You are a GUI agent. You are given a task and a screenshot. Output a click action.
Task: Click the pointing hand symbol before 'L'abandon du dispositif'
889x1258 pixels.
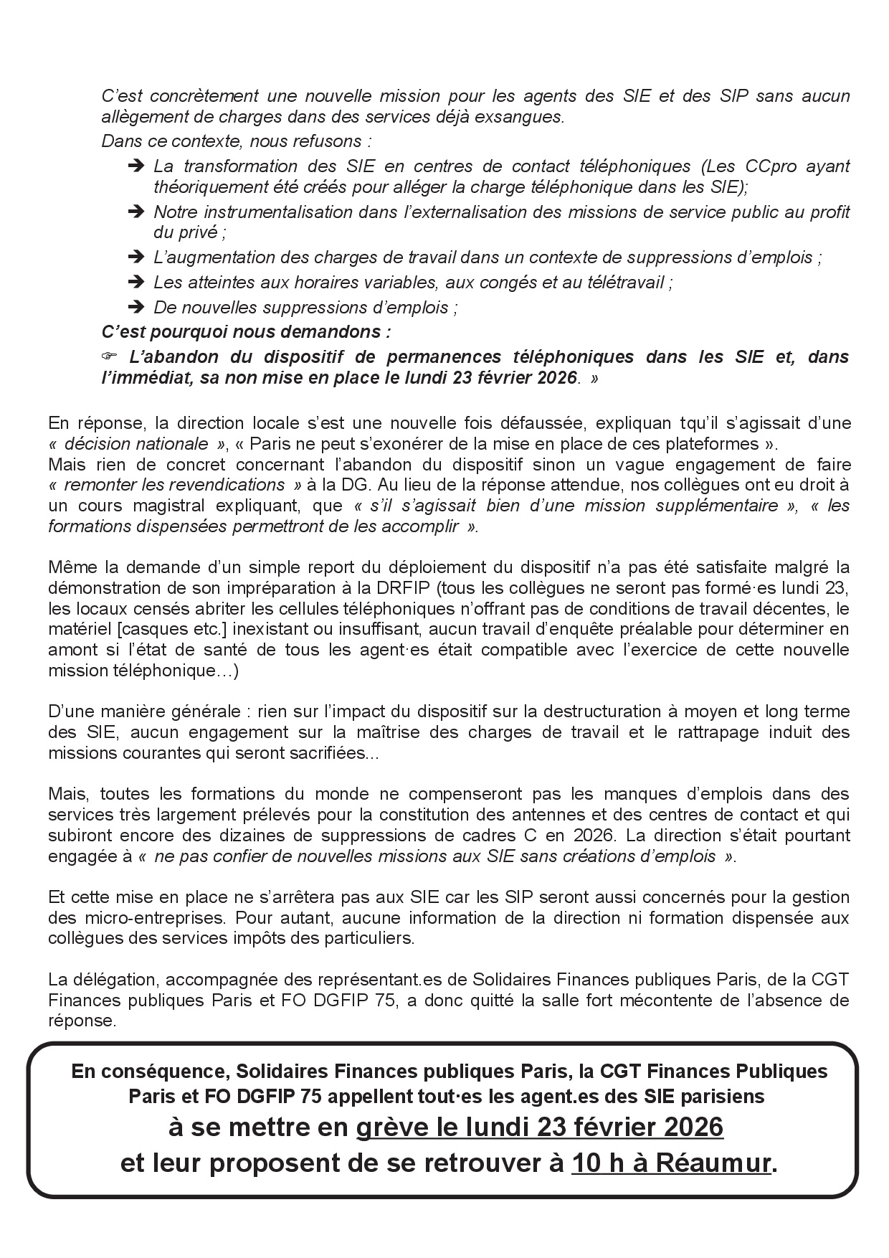click(108, 357)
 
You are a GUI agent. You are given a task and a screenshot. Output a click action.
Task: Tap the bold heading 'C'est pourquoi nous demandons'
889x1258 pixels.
click(246, 332)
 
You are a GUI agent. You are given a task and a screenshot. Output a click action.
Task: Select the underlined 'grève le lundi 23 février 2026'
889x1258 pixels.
click(540, 1127)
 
